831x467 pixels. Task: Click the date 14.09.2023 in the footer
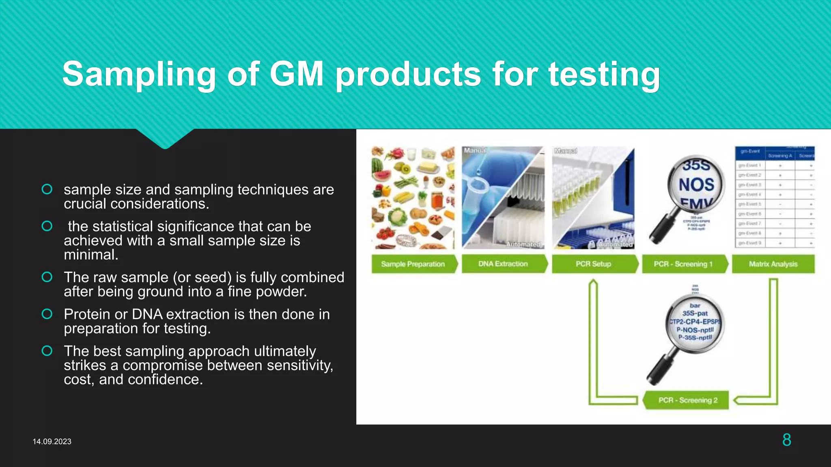point(52,441)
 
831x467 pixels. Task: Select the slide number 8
point(786,440)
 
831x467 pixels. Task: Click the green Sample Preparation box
point(413,264)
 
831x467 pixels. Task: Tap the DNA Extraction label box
point(503,264)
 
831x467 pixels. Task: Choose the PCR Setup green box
point(593,264)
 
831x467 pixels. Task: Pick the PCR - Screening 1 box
point(683,264)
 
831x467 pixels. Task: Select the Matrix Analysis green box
point(773,264)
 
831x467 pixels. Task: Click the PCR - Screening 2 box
point(688,400)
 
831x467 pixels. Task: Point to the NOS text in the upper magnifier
point(696,185)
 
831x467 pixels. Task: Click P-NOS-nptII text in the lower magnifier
point(695,330)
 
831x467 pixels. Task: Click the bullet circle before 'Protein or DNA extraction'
point(47,314)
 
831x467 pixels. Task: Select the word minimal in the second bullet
point(91,255)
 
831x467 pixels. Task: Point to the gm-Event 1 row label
point(749,165)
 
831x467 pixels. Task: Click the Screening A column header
point(779,156)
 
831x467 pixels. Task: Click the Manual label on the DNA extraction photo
point(475,150)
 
